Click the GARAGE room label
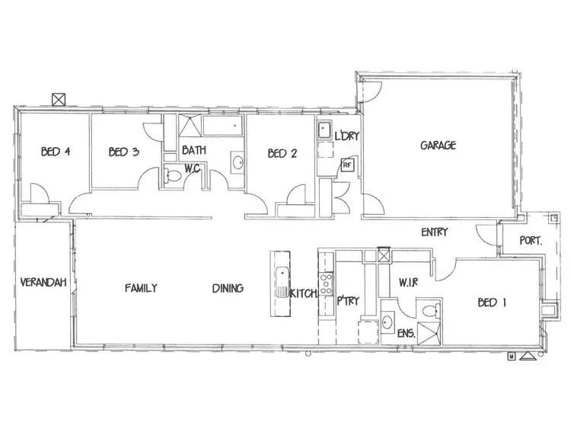439,145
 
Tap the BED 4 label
56,152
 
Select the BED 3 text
123,152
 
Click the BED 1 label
492,303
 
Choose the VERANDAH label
44,283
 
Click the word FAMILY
141,288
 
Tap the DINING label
228,288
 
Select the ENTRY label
434,232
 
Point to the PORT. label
531,240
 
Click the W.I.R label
410,283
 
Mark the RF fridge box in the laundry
347,164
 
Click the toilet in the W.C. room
173,177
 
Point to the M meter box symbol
512,356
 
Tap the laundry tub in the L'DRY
324,130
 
